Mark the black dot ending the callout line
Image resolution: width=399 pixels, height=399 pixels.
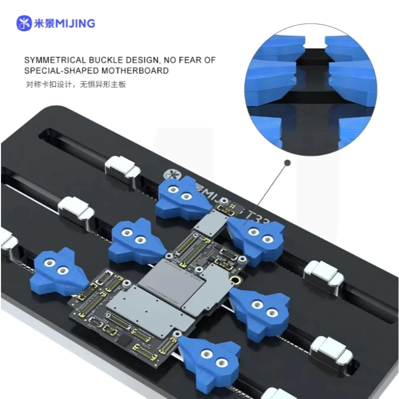[x=287, y=163]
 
